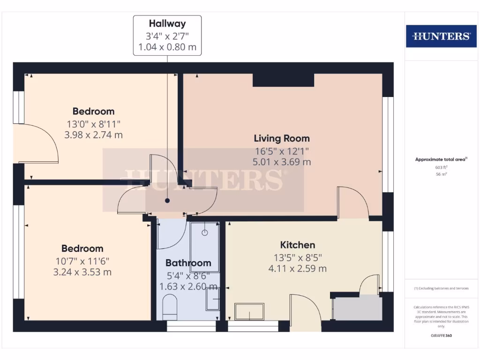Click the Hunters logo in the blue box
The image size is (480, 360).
[x=441, y=36]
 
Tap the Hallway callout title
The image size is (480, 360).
[x=167, y=23]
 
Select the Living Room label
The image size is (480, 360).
[x=282, y=138]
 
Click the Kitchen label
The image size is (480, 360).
[x=297, y=245]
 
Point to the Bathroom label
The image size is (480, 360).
[x=188, y=263]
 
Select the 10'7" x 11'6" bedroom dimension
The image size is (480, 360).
[x=82, y=261]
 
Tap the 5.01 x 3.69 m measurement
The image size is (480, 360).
[x=282, y=162]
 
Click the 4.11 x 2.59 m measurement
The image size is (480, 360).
[x=297, y=269]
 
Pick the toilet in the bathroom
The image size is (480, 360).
[x=169, y=307]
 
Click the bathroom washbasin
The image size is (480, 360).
[x=213, y=299]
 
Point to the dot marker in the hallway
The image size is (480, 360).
[x=167, y=201]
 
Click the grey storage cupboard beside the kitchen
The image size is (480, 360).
[x=357, y=308]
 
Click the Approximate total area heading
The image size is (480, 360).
[x=441, y=159]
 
